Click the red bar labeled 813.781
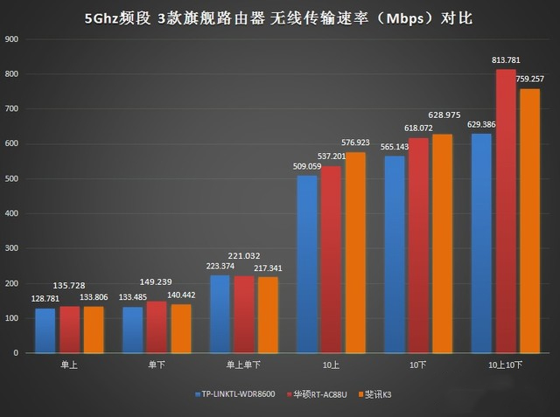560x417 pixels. (506, 211)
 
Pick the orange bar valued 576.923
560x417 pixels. (355, 253)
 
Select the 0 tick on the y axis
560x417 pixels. (16, 353)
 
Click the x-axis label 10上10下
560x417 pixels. (506, 365)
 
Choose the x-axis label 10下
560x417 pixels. (418, 365)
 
